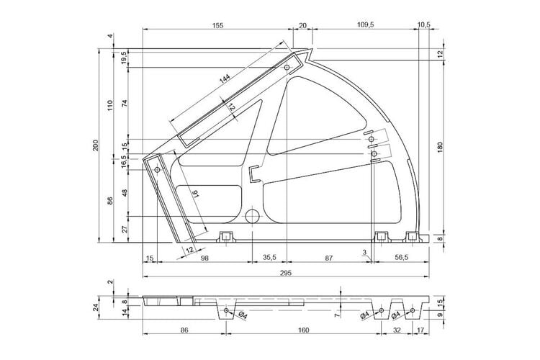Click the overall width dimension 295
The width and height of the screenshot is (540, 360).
[286, 273]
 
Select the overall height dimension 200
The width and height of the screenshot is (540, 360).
[96, 145]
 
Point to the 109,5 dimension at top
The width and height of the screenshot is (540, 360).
[365, 24]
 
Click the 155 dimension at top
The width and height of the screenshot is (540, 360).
[217, 25]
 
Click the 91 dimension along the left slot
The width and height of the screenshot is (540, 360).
[196, 194]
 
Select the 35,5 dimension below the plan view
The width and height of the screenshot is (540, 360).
[269, 257]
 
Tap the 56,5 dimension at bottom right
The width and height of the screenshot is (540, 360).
[401, 257]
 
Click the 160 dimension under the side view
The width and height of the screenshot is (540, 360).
[303, 330]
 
